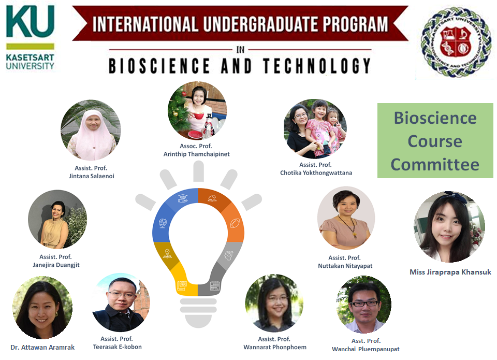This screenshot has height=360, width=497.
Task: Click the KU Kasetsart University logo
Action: pyautogui.click(x=30, y=37)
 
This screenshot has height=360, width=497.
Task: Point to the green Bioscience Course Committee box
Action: pyautogui.click(x=435, y=141)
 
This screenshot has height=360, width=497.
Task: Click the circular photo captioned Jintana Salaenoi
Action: pyautogui.click(x=91, y=130)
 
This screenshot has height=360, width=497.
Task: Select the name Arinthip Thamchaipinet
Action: pyautogui.click(x=196, y=154)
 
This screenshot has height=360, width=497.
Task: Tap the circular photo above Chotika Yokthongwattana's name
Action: pyautogui.click(x=315, y=128)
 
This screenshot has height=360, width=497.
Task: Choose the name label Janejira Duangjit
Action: pyautogui.click(x=56, y=265)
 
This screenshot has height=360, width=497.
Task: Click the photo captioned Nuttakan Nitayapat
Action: pyautogui.click(x=346, y=218)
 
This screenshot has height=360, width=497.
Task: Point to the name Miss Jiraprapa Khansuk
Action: pyautogui.click(x=450, y=272)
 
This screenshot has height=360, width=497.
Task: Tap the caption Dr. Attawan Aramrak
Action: pyautogui.click(x=42, y=347)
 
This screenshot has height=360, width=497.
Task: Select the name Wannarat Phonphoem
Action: pyautogui.click(x=275, y=347)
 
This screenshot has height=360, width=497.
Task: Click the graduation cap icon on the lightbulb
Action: pyautogui.click(x=182, y=198)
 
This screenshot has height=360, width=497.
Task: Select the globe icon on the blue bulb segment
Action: pyautogui.click(x=163, y=224)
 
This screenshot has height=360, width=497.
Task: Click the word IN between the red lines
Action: pyautogui.click(x=240, y=50)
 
